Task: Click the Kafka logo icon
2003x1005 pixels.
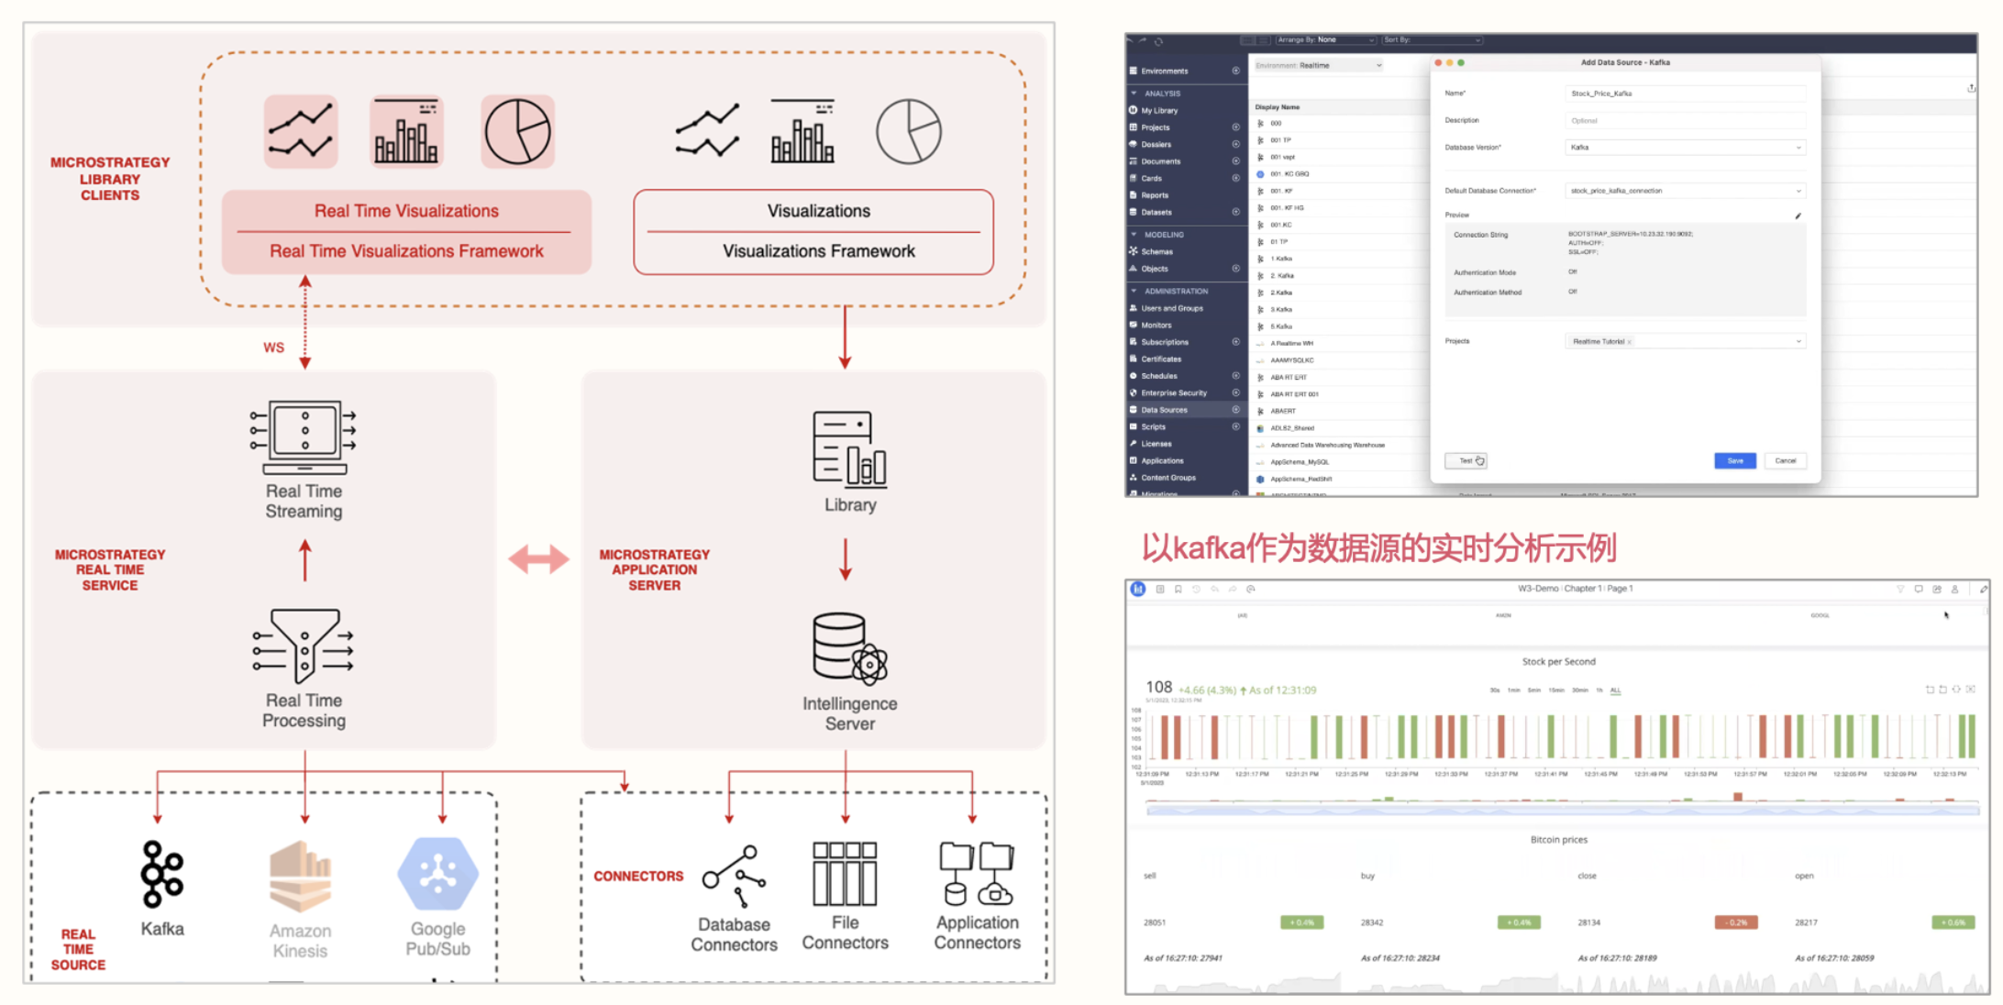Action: click(x=162, y=874)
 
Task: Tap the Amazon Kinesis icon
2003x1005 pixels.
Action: click(x=300, y=876)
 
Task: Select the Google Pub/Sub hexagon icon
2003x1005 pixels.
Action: click(x=437, y=874)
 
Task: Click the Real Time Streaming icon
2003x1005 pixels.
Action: click(x=304, y=436)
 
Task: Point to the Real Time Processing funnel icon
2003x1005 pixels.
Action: click(x=304, y=645)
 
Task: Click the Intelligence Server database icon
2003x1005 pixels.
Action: click(x=849, y=649)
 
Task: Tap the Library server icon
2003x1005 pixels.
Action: click(x=849, y=448)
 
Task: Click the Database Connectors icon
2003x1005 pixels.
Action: click(x=734, y=876)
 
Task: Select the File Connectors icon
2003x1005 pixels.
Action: click(x=845, y=874)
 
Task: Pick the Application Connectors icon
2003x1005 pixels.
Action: click(x=977, y=874)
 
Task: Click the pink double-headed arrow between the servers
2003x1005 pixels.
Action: click(x=538, y=558)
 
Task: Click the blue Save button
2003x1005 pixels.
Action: click(x=1734, y=461)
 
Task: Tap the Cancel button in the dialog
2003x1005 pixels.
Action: click(x=1785, y=461)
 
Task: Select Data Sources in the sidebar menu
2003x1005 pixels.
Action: click(x=1164, y=410)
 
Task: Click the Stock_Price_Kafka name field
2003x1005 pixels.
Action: click(x=1684, y=94)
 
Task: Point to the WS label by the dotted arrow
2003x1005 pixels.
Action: click(x=273, y=348)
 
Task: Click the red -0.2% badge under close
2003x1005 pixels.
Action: click(x=1735, y=922)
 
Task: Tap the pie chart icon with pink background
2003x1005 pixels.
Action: click(x=517, y=132)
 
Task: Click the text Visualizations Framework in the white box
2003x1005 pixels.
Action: click(x=818, y=251)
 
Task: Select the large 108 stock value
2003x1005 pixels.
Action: click(x=1158, y=687)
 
